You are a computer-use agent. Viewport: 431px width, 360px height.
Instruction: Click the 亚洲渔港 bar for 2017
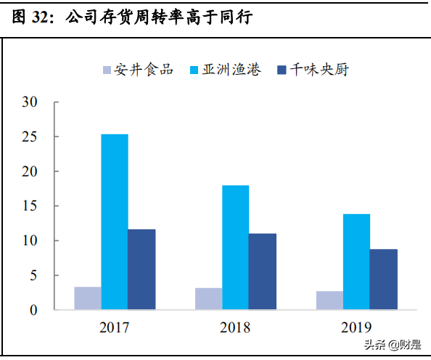point(115,222)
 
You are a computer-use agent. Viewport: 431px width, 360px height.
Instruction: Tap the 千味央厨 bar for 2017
point(141,269)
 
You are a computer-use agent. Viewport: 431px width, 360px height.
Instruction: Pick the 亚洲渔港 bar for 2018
point(235,247)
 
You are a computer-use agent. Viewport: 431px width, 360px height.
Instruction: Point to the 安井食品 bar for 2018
point(208,299)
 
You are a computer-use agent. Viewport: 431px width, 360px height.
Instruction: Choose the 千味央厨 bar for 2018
point(263,271)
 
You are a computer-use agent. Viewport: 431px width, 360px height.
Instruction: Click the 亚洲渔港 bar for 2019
point(356,262)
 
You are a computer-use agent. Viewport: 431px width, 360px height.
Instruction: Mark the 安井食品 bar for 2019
point(329,300)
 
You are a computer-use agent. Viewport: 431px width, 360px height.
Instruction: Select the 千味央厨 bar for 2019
point(383,279)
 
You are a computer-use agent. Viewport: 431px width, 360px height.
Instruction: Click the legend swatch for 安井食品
point(107,70)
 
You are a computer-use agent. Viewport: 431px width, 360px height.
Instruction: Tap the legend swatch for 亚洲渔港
point(194,70)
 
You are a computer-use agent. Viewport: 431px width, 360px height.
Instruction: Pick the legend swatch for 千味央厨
point(282,70)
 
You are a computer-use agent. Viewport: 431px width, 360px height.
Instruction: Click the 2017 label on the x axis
point(115,327)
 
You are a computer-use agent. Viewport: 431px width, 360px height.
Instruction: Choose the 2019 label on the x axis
point(356,327)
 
